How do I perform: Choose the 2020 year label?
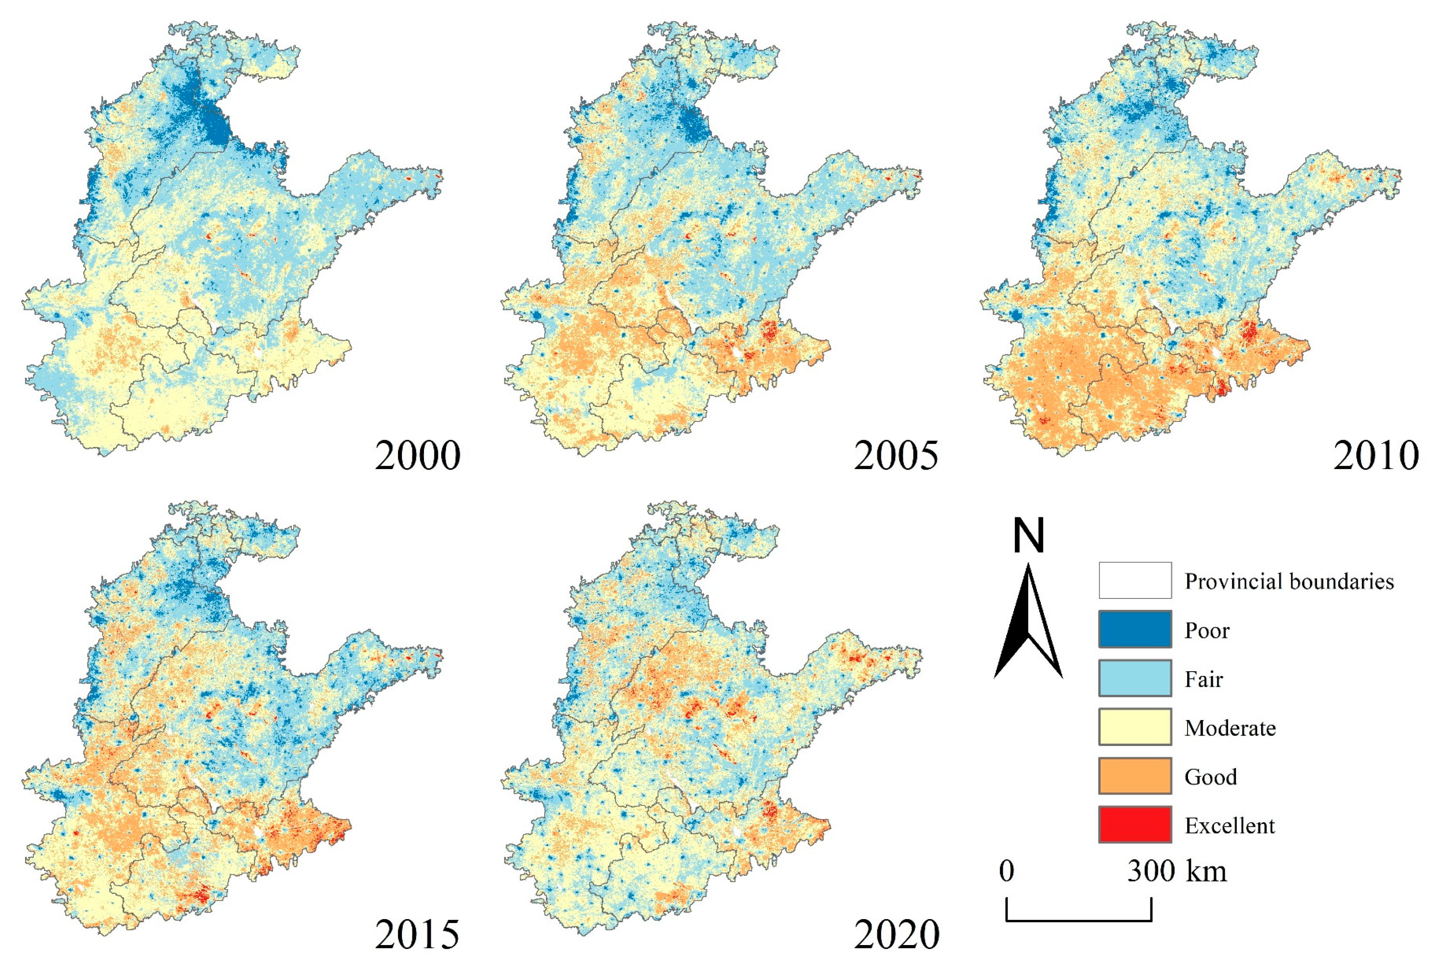896,934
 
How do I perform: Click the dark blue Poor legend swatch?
1134,629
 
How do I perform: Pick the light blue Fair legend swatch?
1134,678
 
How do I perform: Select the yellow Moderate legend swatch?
1134,727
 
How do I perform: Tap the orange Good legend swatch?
1134,775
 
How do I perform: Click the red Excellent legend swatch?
1134,824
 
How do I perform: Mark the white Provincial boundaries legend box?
1134,580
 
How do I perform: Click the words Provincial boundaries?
1289,582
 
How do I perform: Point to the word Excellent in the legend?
1230,825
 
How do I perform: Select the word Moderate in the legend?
1230,728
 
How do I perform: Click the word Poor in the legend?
1207,630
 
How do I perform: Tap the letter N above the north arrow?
1028,535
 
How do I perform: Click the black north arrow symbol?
1028,624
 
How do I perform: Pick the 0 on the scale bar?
1007,871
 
